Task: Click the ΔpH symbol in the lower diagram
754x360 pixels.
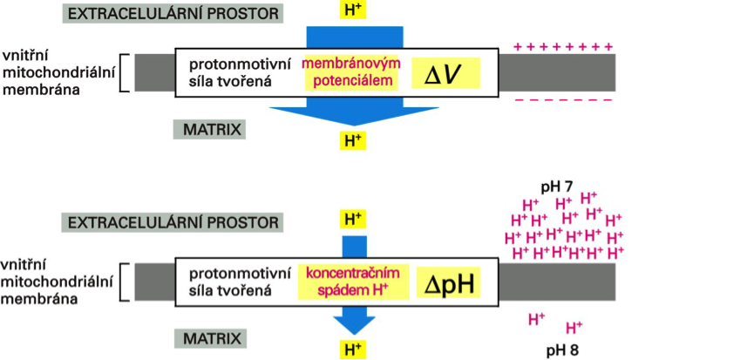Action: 448,284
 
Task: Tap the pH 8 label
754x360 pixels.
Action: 562,350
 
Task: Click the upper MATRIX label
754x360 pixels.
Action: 210,130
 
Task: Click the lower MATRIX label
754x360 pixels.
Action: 210,338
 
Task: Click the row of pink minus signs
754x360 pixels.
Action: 563,101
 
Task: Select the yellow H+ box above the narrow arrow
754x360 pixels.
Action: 352,219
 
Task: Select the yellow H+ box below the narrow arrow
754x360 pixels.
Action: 352,350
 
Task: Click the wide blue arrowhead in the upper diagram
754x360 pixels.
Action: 353,119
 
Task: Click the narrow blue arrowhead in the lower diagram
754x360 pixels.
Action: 352,323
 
